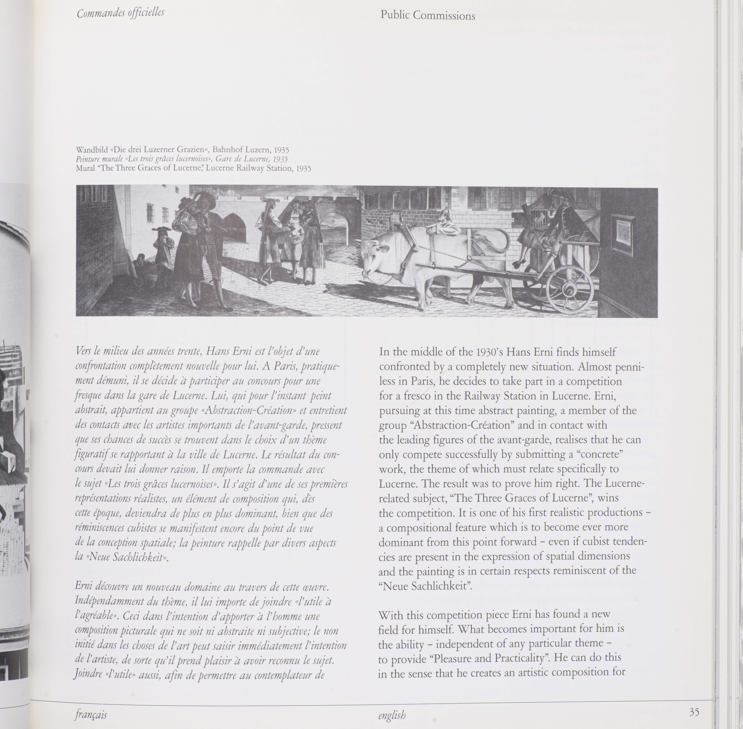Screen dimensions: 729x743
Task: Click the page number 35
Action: pyautogui.click(x=694, y=712)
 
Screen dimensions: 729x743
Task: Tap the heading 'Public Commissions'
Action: pyautogui.click(x=428, y=16)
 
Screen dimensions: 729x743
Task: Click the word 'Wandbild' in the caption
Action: pyautogui.click(x=92, y=150)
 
